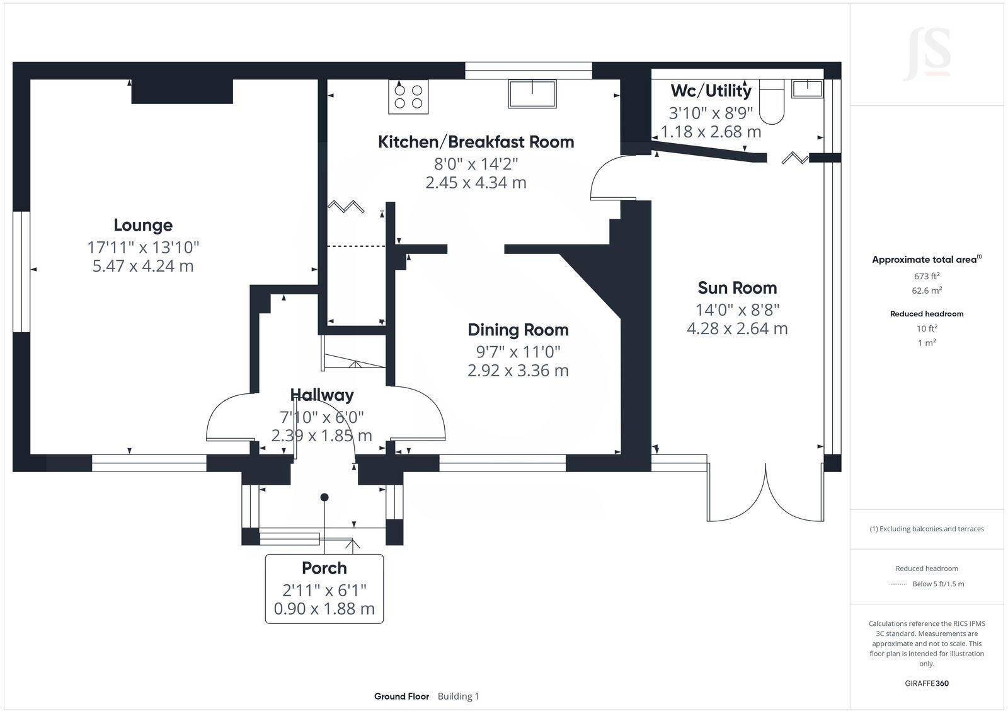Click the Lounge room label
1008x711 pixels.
click(143, 225)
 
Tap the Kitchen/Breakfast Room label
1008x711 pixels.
click(476, 142)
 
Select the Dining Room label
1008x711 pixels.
click(518, 330)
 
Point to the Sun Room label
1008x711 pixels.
click(737, 287)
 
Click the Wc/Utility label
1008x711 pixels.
click(711, 91)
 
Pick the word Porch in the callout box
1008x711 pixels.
click(324, 569)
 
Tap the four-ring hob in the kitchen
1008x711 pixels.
click(408, 97)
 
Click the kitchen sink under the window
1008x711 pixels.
click(532, 94)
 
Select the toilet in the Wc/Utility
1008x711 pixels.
click(772, 101)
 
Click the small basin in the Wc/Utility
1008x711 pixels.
click(807, 89)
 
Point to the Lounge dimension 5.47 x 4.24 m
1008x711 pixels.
click(143, 266)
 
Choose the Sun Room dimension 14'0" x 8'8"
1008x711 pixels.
click(737, 309)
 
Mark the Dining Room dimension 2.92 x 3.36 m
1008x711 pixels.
click(518, 371)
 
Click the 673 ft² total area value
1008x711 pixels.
click(927, 276)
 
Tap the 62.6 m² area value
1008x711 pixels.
click(927, 291)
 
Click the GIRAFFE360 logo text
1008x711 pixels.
click(927, 683)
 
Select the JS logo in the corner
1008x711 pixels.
click(929, 54)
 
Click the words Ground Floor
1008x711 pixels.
click(401, 696)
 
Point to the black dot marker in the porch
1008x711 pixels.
click(324, 497)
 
